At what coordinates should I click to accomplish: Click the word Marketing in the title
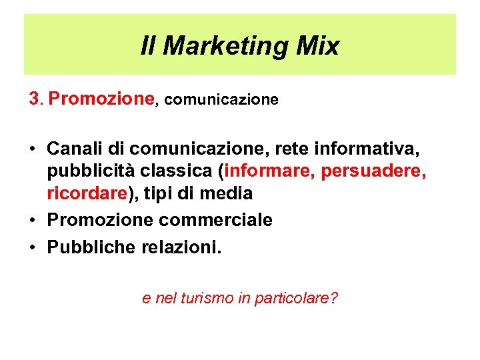point(224,46)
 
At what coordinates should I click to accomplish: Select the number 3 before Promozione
point(35,99)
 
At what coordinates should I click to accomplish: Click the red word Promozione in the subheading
point(101,99)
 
